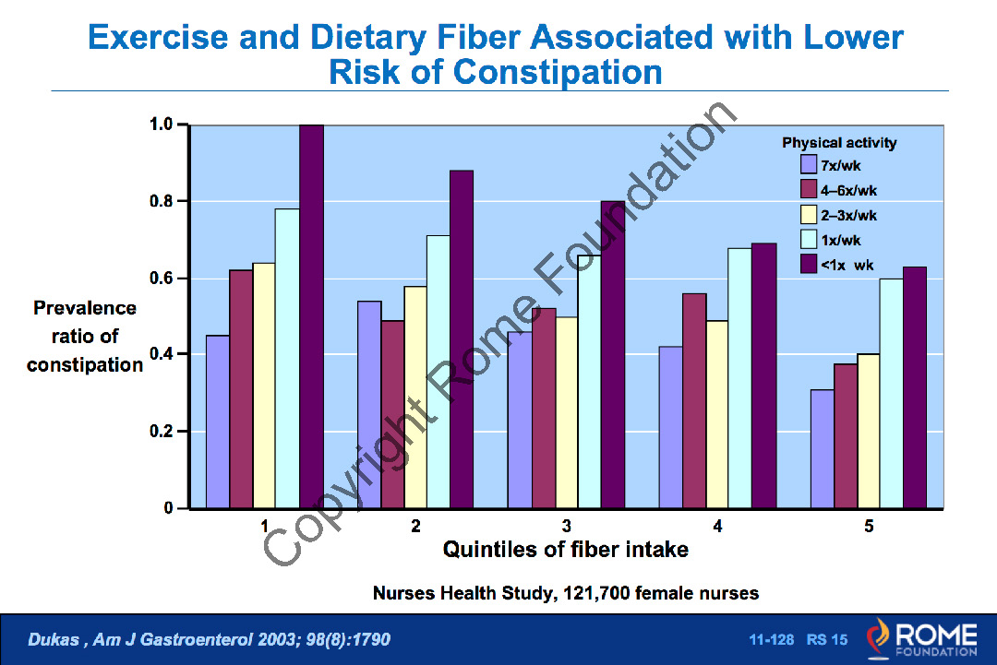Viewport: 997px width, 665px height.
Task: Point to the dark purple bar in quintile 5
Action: tap(914, 387)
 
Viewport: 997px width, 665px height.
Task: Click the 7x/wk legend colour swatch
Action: tap(809, 166)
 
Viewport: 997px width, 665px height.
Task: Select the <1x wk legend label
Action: tap(849, 266)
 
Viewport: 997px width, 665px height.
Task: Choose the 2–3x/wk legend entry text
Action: tap(849, 216)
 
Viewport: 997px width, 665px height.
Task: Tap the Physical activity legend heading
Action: tap(839, 143)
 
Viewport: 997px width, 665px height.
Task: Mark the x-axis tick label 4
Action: tap(717, 527)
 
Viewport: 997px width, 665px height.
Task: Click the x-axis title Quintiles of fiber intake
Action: tap(566, 550)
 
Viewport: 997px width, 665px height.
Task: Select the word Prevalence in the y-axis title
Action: tap(85, 308)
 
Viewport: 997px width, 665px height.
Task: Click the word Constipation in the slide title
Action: tap(559, 72)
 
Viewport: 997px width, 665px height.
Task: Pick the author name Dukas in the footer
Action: tap(54, 639)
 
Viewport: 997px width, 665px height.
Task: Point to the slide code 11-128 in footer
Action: tap(770, 639)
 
